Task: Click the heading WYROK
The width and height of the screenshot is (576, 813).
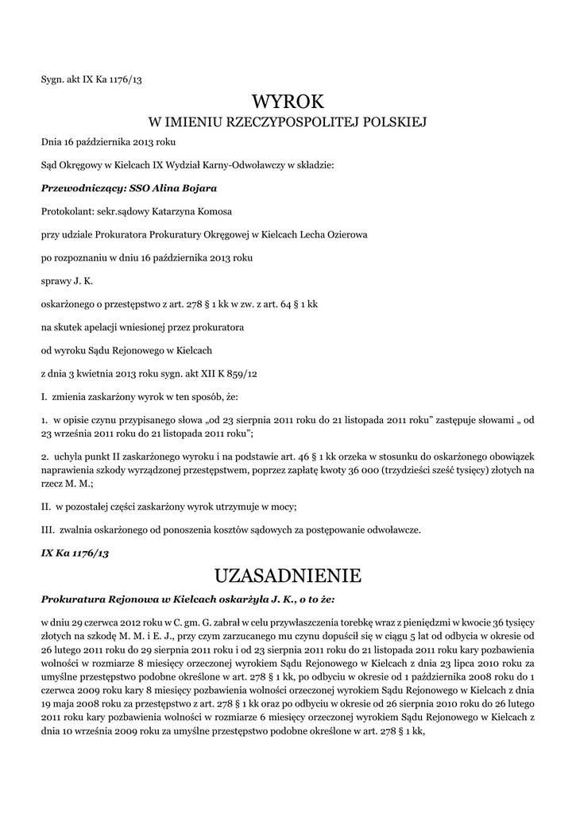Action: point(288,102)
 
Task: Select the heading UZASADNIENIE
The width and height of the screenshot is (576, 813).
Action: point(288,574)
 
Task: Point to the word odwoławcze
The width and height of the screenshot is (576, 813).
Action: point(392,530)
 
